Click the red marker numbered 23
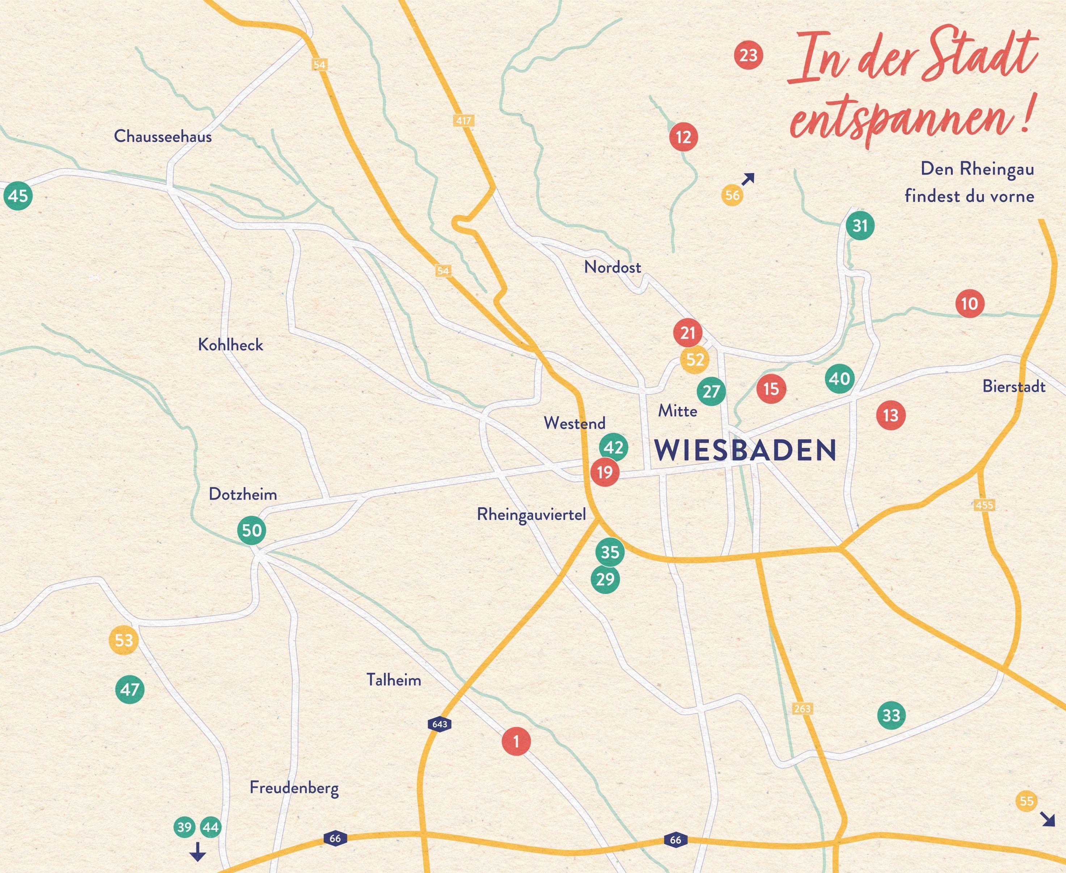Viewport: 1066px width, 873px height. [748, 55]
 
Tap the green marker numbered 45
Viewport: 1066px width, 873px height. [18, 195]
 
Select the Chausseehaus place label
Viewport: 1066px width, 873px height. [163, 136]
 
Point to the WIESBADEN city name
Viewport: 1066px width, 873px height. [745, 450]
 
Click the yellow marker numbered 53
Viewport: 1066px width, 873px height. [124, 640]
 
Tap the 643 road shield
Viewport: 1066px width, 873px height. [439, 724]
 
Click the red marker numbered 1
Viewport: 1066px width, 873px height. [516, 741]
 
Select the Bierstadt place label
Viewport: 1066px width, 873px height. [1014, 387]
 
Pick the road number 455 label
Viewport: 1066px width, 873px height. [984, 504]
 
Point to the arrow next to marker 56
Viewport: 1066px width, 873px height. [748, 179]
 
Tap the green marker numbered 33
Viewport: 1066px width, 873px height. [892, 715]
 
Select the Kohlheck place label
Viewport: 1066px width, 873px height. [231, 344]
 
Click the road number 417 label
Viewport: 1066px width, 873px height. [463, 121]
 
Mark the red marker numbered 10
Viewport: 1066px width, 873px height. [969, 304]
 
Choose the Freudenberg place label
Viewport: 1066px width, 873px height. [294, 788]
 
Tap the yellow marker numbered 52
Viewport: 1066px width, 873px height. [695, 360]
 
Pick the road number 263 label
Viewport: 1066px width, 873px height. [802, 709]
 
